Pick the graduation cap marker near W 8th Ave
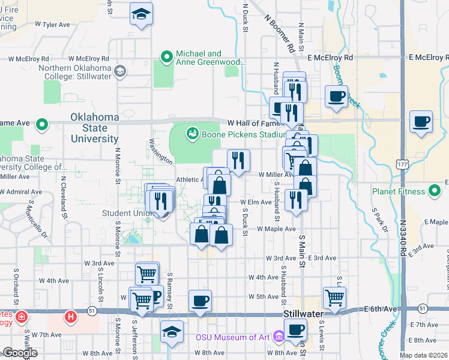172,332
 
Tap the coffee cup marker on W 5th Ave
200,301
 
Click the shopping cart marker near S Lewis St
334,297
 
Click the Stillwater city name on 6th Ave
304,314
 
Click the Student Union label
126,212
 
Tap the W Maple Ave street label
276,229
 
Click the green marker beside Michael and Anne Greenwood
167,58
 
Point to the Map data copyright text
423,355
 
